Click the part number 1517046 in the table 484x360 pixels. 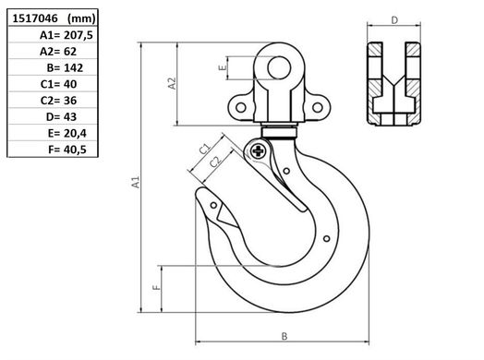tap(35, 18)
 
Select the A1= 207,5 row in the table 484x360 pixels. tap(67, 35)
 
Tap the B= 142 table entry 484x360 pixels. tap(65, 68)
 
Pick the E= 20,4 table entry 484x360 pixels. tap(67, 133)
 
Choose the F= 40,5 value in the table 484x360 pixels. tap(67, 150)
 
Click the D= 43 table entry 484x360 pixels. tap(61, 117)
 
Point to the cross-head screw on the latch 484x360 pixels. tap(258, 150)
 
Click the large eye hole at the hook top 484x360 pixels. tap(279, 68)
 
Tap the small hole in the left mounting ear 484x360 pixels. tap(241, 108)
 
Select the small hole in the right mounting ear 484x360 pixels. tap(318, 108)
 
